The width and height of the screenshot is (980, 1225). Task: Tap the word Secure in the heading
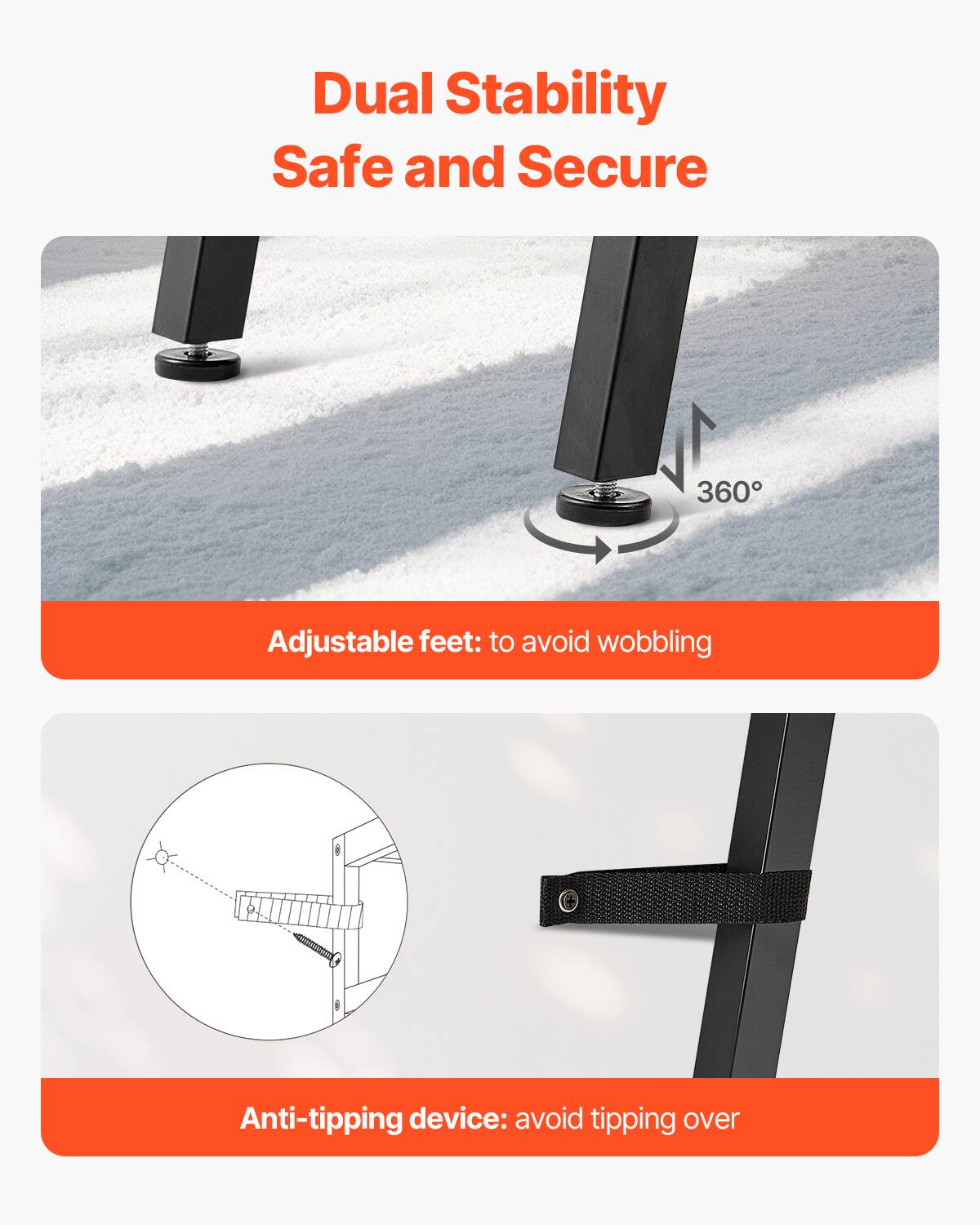pyautogui.click(x=611, y=167)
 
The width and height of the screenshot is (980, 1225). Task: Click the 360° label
pyautogui.click(x=728, y=492)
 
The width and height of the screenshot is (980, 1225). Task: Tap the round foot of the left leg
pyautogui.click(x=197, y=362)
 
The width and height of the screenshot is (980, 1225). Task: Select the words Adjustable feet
pyautogui.click(x=374, y=642)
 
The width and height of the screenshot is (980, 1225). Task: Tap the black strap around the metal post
pyautogui.click(x=678, y=895)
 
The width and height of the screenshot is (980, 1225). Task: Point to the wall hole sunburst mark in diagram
pyautogui.click(x=162, y=857)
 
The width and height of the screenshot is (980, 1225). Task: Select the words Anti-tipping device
pyautogui.click(x=373, y=1118)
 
